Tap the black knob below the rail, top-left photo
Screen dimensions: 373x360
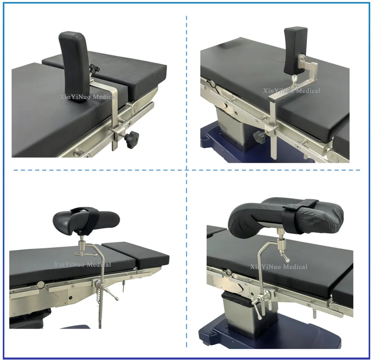pyautogui.click(x=131, y=140)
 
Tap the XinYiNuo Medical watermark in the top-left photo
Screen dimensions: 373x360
pyautogui.click(x=88, y=97)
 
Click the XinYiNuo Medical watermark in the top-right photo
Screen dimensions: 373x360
pyautogui.click(x=292, y=91)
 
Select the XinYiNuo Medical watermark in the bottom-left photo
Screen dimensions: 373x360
pyautogui.click(x=82, y=265)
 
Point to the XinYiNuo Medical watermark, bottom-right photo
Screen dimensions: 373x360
pyautogui.click(x=279, y=266)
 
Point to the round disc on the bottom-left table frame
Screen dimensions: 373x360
pyautogui.click(x=41, y=285)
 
